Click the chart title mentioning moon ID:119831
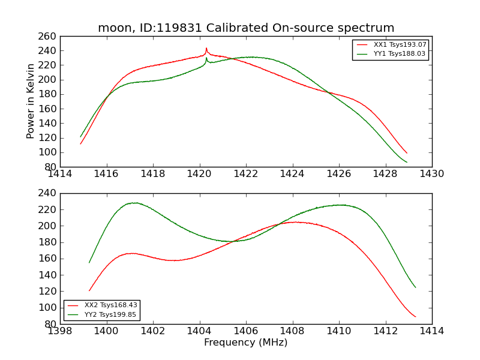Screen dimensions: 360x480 (246, 28)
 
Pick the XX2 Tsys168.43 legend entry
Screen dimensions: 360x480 (111, 305)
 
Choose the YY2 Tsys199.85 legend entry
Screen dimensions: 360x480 (111, 314)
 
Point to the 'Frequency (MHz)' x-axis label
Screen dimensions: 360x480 (246, 343)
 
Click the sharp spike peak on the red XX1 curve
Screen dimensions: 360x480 (206, 49)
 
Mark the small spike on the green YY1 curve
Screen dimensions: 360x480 (206, 58)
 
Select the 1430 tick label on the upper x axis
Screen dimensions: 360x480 (432, 174)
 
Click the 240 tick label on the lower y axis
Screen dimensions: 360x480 (49, 193)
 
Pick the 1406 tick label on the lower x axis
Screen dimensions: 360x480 (246, 331)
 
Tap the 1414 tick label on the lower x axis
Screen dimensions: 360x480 (432, 331)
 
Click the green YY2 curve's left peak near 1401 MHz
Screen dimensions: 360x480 (136, 203)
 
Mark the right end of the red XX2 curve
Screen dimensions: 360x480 (415, 316)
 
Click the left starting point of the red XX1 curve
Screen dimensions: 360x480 (80, 143)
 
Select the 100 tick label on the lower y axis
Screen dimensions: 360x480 (49, 307)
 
